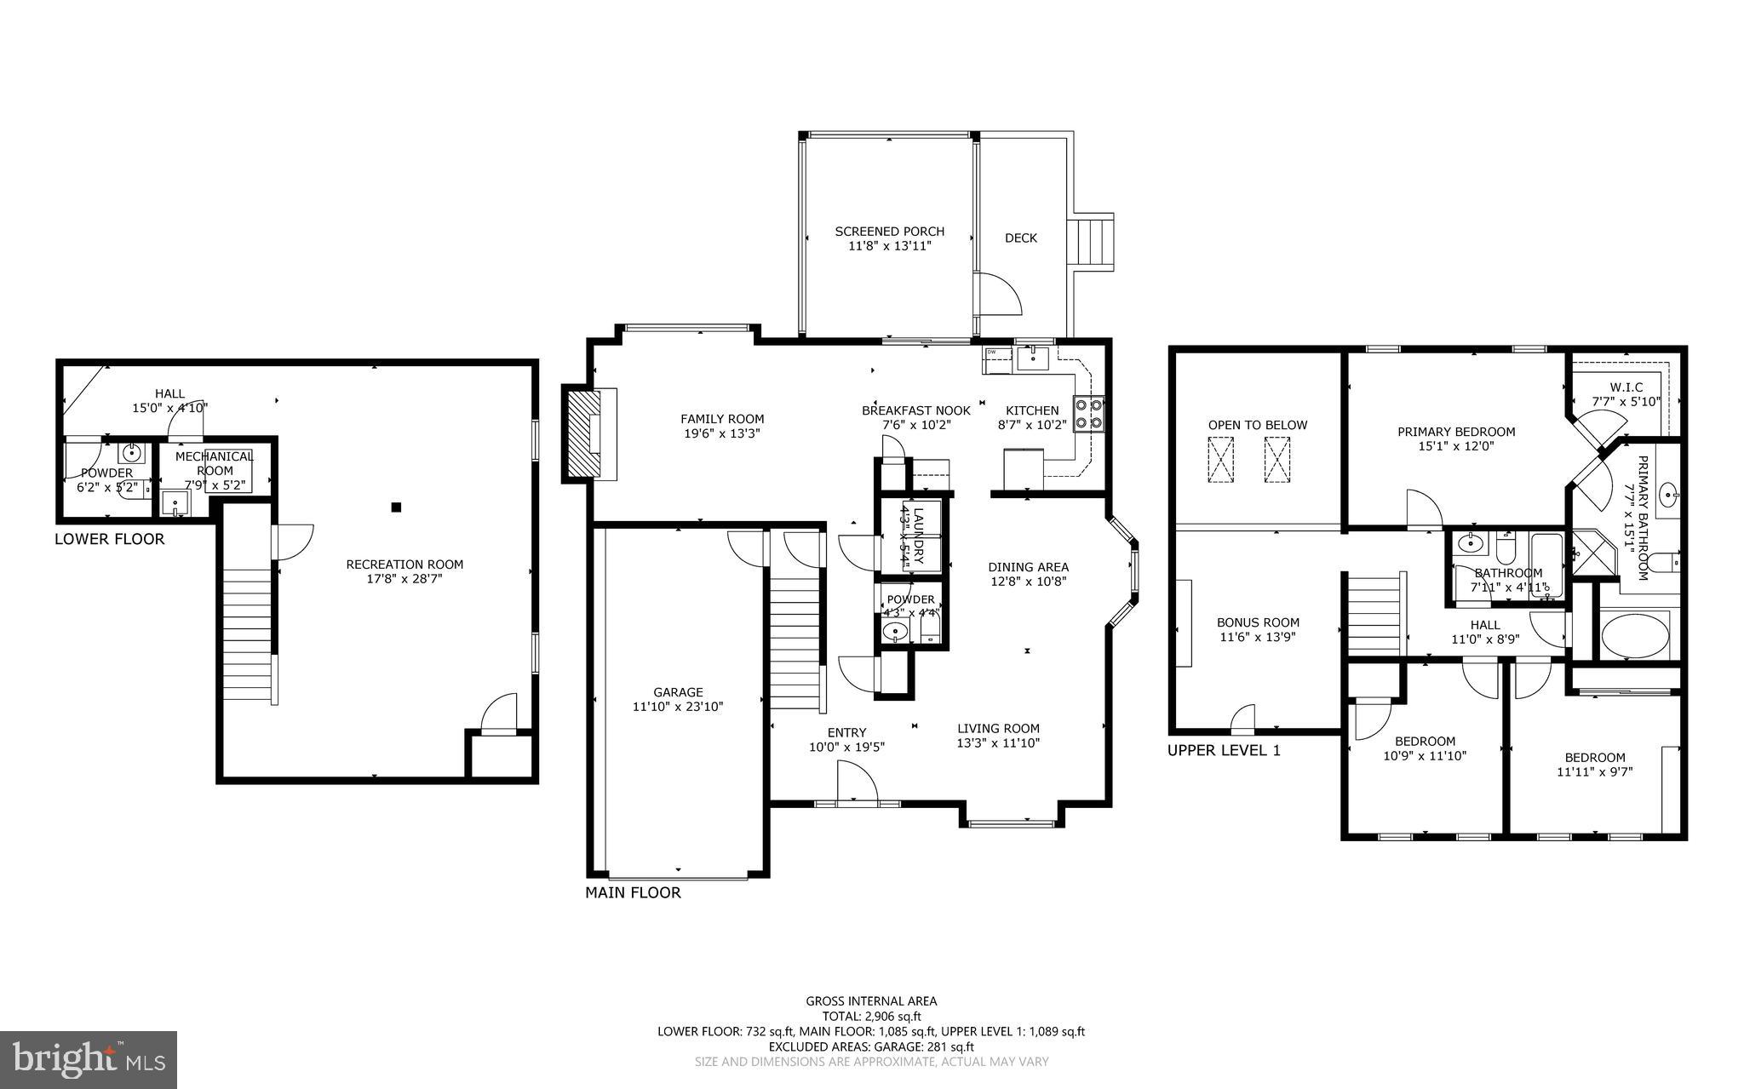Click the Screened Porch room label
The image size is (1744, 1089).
(x=889, y=232)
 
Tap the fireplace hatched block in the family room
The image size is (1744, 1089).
(x=582, y=433)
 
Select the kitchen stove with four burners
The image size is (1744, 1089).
(x=1088, y=414)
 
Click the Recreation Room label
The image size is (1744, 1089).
(x=404, y=565)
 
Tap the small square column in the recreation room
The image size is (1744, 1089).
(x=396, y=507)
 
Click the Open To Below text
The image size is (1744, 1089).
(x=1257, y=425)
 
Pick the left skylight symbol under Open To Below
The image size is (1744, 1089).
(x=1220, y=460)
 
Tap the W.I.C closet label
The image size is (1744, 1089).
(x=1626, y=387)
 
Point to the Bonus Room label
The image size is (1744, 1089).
(x=1258, y=622)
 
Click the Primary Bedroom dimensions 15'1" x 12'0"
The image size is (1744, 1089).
(x=1456, y=445)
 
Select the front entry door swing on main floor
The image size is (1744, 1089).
(x=855, y=782)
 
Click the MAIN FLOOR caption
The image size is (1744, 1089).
(x=633, y=892)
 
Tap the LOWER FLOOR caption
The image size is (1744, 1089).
(x=109, y=539)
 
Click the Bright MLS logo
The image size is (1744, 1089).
(x=88, y=1058)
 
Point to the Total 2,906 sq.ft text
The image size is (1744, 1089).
(x=871, y=1016)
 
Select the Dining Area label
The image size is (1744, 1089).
(x=1028, y=567)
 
